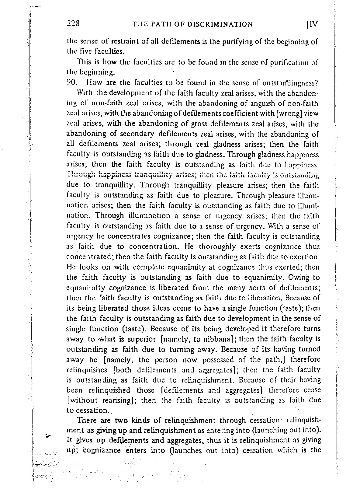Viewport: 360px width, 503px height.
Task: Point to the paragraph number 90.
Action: click(72, 82)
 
